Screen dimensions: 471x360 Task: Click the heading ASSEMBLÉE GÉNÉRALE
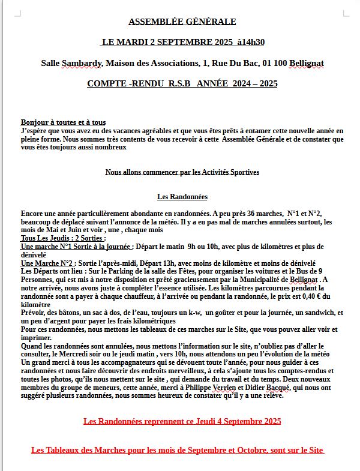point(182,22)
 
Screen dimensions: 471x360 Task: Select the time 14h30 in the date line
point(251,42)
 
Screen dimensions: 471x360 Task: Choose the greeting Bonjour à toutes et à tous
point(63,122)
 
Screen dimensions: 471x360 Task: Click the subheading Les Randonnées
point(182,197)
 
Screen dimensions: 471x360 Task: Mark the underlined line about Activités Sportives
point(182,172)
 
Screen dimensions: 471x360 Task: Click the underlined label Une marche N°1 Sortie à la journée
point(76,247)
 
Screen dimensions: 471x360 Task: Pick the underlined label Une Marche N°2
point(47,263)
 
